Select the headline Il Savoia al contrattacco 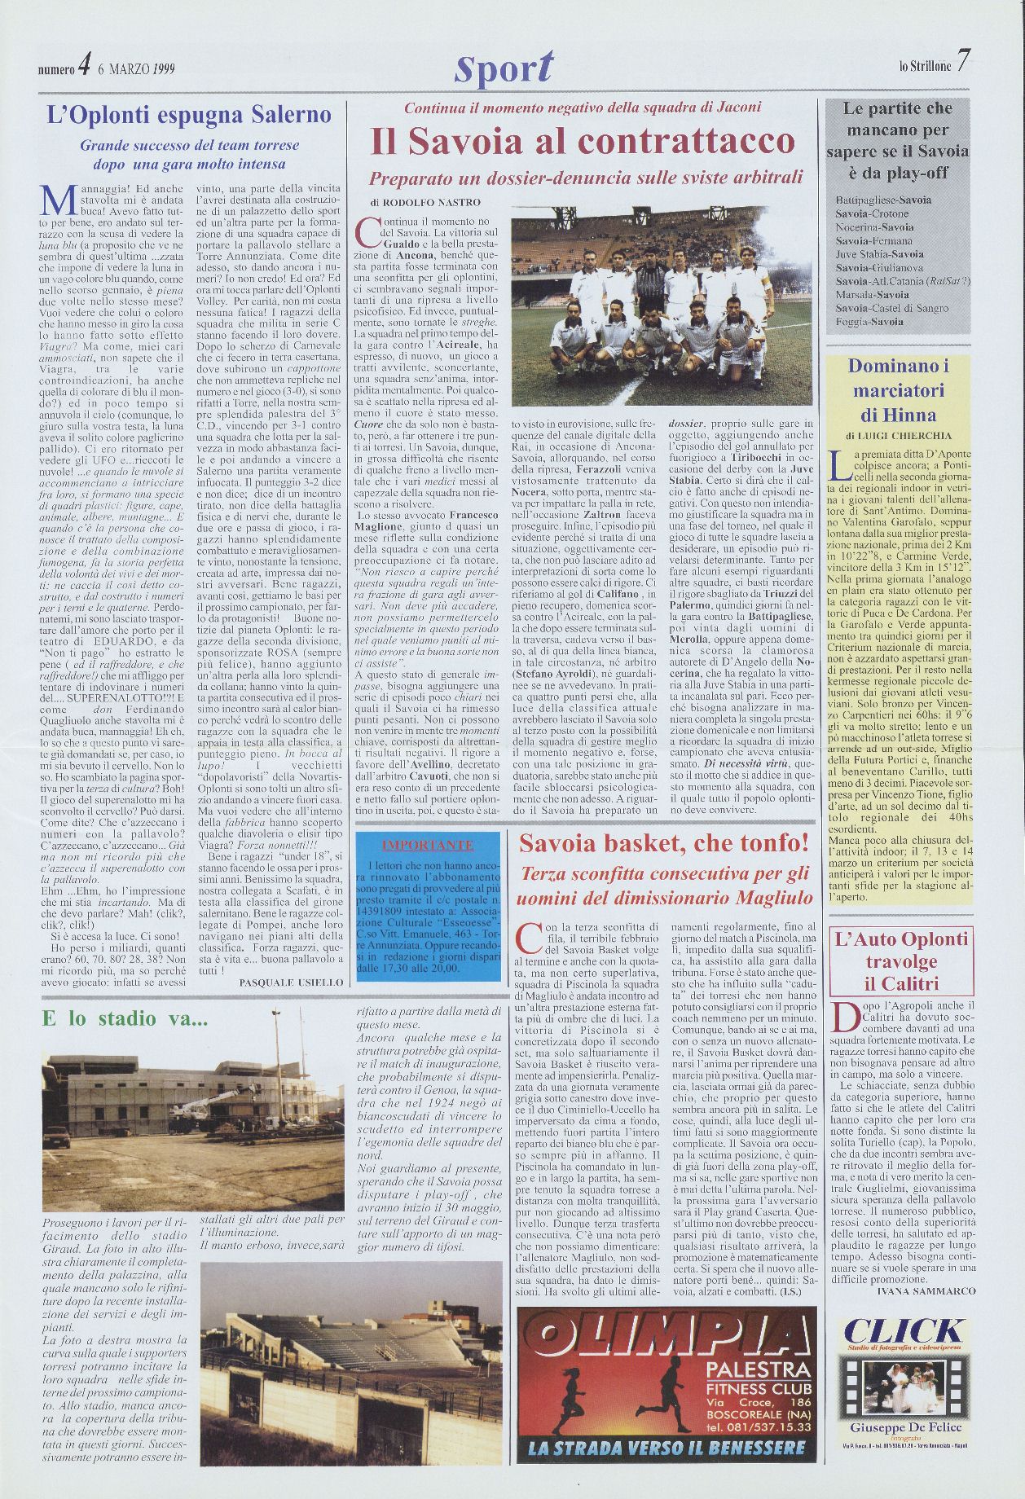[583, 142]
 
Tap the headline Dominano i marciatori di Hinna [899, 390]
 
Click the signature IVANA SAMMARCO [926, 1291]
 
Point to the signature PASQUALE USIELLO [291, 983]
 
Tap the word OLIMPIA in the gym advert [666, 1337]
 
